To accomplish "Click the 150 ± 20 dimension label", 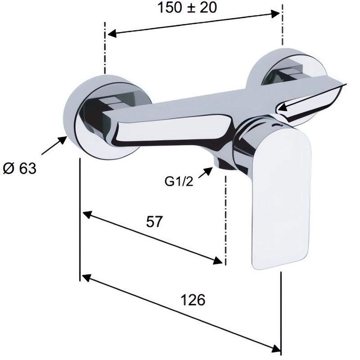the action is (187, 7).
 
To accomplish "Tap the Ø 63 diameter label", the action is (20, 169).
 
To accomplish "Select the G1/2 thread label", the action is (179, 182).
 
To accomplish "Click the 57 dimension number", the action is (154, 222).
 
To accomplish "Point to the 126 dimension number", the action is (193, 300).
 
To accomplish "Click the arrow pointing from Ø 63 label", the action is (54, 145).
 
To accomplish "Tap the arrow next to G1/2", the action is (205, 173).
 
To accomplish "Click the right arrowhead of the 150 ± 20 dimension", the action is (275, 14).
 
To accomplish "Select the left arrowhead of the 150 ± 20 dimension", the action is (112, 34).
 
